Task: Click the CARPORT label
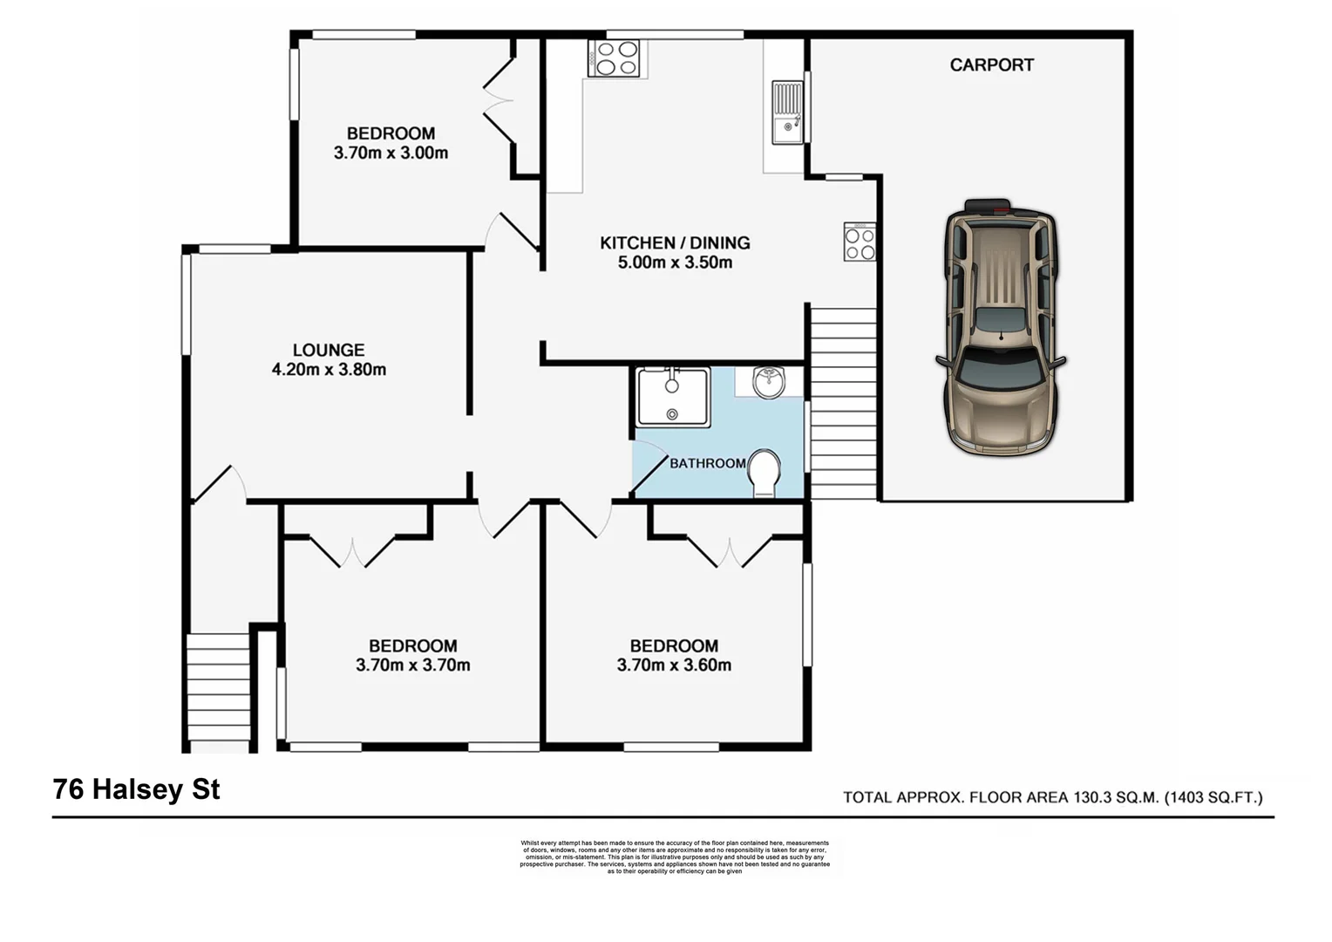[x=991, y=65]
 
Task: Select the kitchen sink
[x=787, y=113]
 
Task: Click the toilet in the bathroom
[x=765, y=473]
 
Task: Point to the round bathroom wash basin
[x=769, y=381]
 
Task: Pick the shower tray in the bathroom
[x=672, y=397]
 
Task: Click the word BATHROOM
[x=707, y=463]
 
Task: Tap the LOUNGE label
[x=328, y=350]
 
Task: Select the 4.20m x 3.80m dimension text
[x=329, y=370]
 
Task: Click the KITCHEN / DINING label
[x=675, y=242]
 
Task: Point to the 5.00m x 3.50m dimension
[x=675, y=263]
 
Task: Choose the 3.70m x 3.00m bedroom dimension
[x=391, y=154]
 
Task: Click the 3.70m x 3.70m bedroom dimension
[x=412, y=666]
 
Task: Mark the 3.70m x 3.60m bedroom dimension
[x=674, y=666]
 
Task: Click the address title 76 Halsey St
[x=137, y=789]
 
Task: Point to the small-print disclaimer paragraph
[x=675, y=857]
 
